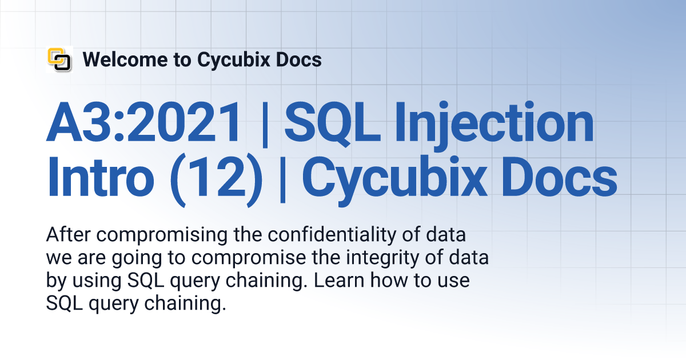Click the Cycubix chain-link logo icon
[59, 59]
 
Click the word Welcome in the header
[125, 59]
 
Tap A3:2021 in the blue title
[144, 122]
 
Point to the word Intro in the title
[101, 177]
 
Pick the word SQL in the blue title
[333, 123]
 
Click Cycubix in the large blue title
[394, 181]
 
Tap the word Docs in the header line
[298, 59]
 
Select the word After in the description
[68, 234]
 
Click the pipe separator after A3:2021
[265, 125]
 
